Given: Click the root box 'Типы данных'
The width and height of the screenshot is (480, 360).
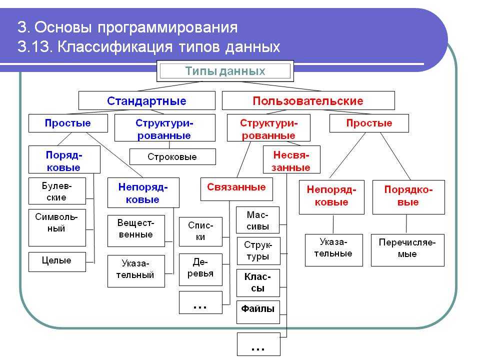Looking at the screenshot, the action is tap(225, 71).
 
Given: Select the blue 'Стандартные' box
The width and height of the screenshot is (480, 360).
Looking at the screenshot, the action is tap(147, 100).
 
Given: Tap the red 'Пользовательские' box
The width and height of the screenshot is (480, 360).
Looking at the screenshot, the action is tap(308, 100).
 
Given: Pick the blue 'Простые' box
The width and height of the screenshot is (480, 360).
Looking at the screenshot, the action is tap(68, 123).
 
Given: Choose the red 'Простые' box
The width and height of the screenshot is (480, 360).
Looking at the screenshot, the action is tap(369, 123).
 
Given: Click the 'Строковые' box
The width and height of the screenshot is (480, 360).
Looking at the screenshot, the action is tap(172, 156).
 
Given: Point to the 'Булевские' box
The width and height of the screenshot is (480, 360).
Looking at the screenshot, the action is tap(57, 191).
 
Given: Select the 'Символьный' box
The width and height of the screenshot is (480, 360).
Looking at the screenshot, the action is tap(57, 228).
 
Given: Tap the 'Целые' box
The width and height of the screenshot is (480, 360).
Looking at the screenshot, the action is tap(57, 261).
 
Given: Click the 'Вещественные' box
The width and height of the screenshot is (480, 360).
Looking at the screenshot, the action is tap(136, 231).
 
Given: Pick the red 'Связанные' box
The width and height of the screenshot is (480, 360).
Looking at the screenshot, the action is tap(236, 189).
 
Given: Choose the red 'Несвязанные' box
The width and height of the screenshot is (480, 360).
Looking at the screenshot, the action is tap(291, 159).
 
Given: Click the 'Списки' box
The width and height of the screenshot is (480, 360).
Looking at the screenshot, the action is tap(200, 231).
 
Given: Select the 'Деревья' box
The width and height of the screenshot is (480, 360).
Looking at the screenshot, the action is tap(200, 269).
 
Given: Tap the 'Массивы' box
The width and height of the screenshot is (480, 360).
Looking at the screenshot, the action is tap(258, 220).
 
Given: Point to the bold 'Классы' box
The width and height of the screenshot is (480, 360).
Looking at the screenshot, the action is tap(258, 283).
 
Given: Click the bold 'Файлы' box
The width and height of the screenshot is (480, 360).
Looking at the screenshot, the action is tap(258, 312).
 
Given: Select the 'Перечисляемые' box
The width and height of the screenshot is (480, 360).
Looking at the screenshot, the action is tap(407, 250).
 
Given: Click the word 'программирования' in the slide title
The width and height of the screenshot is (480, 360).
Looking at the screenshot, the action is tap(167, 27).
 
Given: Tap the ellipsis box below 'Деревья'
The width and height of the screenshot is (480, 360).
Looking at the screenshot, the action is tap(200, 302).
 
